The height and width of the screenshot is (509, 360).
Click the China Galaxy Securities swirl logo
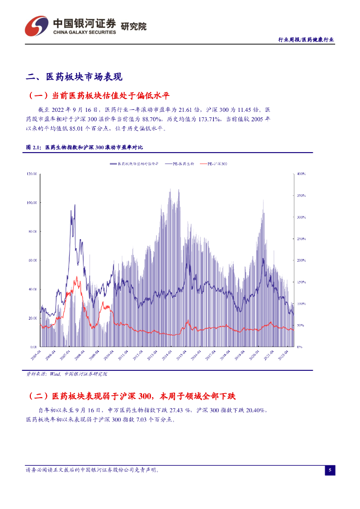pos(37,25)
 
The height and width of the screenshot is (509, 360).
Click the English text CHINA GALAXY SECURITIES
pos(85,32)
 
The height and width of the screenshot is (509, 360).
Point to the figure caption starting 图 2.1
pos(84,148)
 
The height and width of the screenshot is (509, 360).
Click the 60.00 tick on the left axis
pos(33,260)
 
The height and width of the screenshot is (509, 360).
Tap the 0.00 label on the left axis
pos(34,347)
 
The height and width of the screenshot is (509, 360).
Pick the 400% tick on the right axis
pos(301,174)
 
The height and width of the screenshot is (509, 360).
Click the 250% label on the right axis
pos(301,239)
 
